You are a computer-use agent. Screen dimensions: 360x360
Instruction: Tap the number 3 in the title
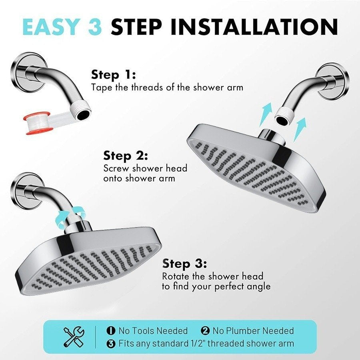[96, 27]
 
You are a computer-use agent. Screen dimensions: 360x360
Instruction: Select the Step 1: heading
[114, 74]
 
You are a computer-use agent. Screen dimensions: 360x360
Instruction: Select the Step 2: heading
[126, 155]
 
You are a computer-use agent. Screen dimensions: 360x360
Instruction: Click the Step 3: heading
[184, 264]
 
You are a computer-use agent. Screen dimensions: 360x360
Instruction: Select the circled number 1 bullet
[111, 331]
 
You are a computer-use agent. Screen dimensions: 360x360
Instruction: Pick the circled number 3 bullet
[111, 343]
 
